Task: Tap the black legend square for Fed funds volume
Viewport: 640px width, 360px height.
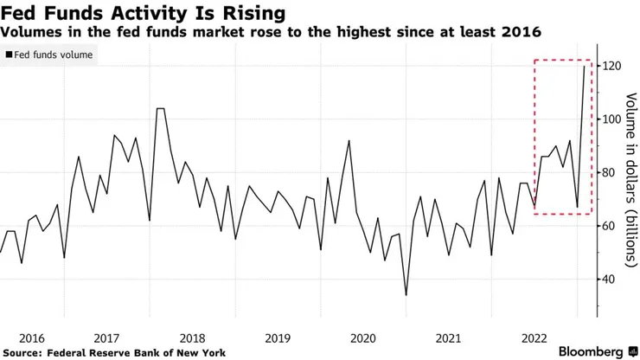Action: point(9,55)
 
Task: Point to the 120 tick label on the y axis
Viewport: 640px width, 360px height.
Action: point(613,67)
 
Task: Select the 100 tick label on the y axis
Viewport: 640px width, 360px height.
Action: point(613,119)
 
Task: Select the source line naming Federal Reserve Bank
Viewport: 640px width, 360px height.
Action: point(114,352)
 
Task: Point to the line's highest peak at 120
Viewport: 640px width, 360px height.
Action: point(585,67)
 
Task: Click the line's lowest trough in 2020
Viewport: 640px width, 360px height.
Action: point(406,295)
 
